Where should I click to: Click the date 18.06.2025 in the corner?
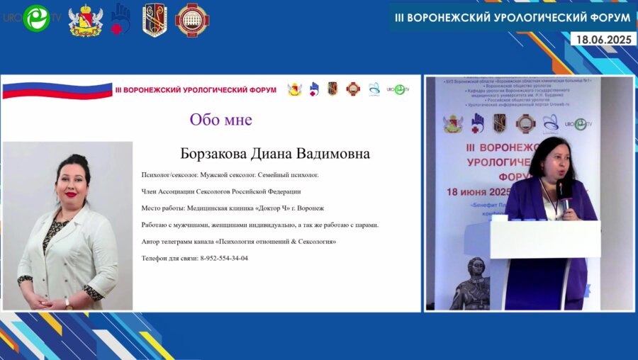coord(605,40)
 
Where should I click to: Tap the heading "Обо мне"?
coord(220,119)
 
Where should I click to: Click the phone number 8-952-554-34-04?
coord(224,258)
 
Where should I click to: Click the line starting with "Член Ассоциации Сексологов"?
coord(221,191)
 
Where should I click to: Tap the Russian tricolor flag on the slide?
coord(57,90)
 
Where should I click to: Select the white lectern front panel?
coord(545,239)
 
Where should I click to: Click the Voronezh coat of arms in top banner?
coord(85,20)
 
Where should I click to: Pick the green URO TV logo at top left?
coord(35,18)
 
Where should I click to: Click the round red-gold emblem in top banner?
coord(191,20)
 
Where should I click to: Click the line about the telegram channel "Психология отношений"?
coord(238,242)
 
